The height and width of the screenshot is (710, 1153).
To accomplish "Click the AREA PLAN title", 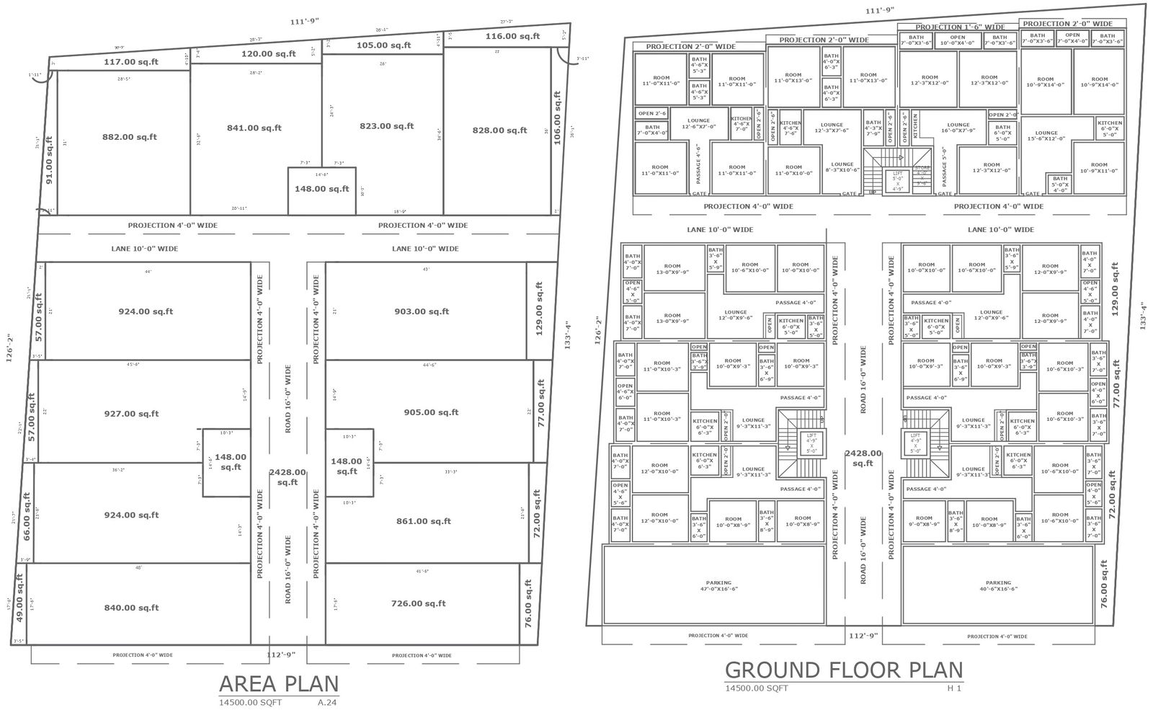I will (278, 683).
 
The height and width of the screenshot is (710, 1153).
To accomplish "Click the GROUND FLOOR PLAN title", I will (843, 670).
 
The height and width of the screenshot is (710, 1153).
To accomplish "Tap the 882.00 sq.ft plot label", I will (130, 137).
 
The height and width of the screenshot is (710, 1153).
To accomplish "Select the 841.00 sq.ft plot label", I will (254, 128).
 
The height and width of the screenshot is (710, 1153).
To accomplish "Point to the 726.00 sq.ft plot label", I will (418, 604).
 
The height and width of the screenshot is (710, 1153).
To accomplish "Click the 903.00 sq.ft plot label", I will (422, 311).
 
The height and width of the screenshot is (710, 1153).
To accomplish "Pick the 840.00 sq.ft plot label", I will (131, 608).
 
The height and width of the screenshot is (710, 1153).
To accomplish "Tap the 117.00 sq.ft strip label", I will (131, 62).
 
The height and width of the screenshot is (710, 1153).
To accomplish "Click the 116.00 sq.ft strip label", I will (512, 36).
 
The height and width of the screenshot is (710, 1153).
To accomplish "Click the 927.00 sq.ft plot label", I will (131, 414).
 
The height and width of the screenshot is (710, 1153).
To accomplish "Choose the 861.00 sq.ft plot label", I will (424, 521).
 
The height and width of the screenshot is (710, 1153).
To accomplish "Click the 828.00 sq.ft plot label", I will (500, 130).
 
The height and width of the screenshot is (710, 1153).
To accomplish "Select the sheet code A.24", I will (327, 701).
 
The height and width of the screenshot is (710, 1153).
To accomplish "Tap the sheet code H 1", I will (955, 688).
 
